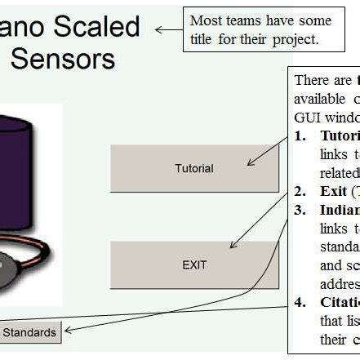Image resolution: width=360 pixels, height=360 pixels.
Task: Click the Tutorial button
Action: (x=193, y=168)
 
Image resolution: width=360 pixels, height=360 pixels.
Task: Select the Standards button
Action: (x=30, y=331)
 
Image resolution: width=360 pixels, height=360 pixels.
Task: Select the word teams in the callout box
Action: (x=242, y=20)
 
